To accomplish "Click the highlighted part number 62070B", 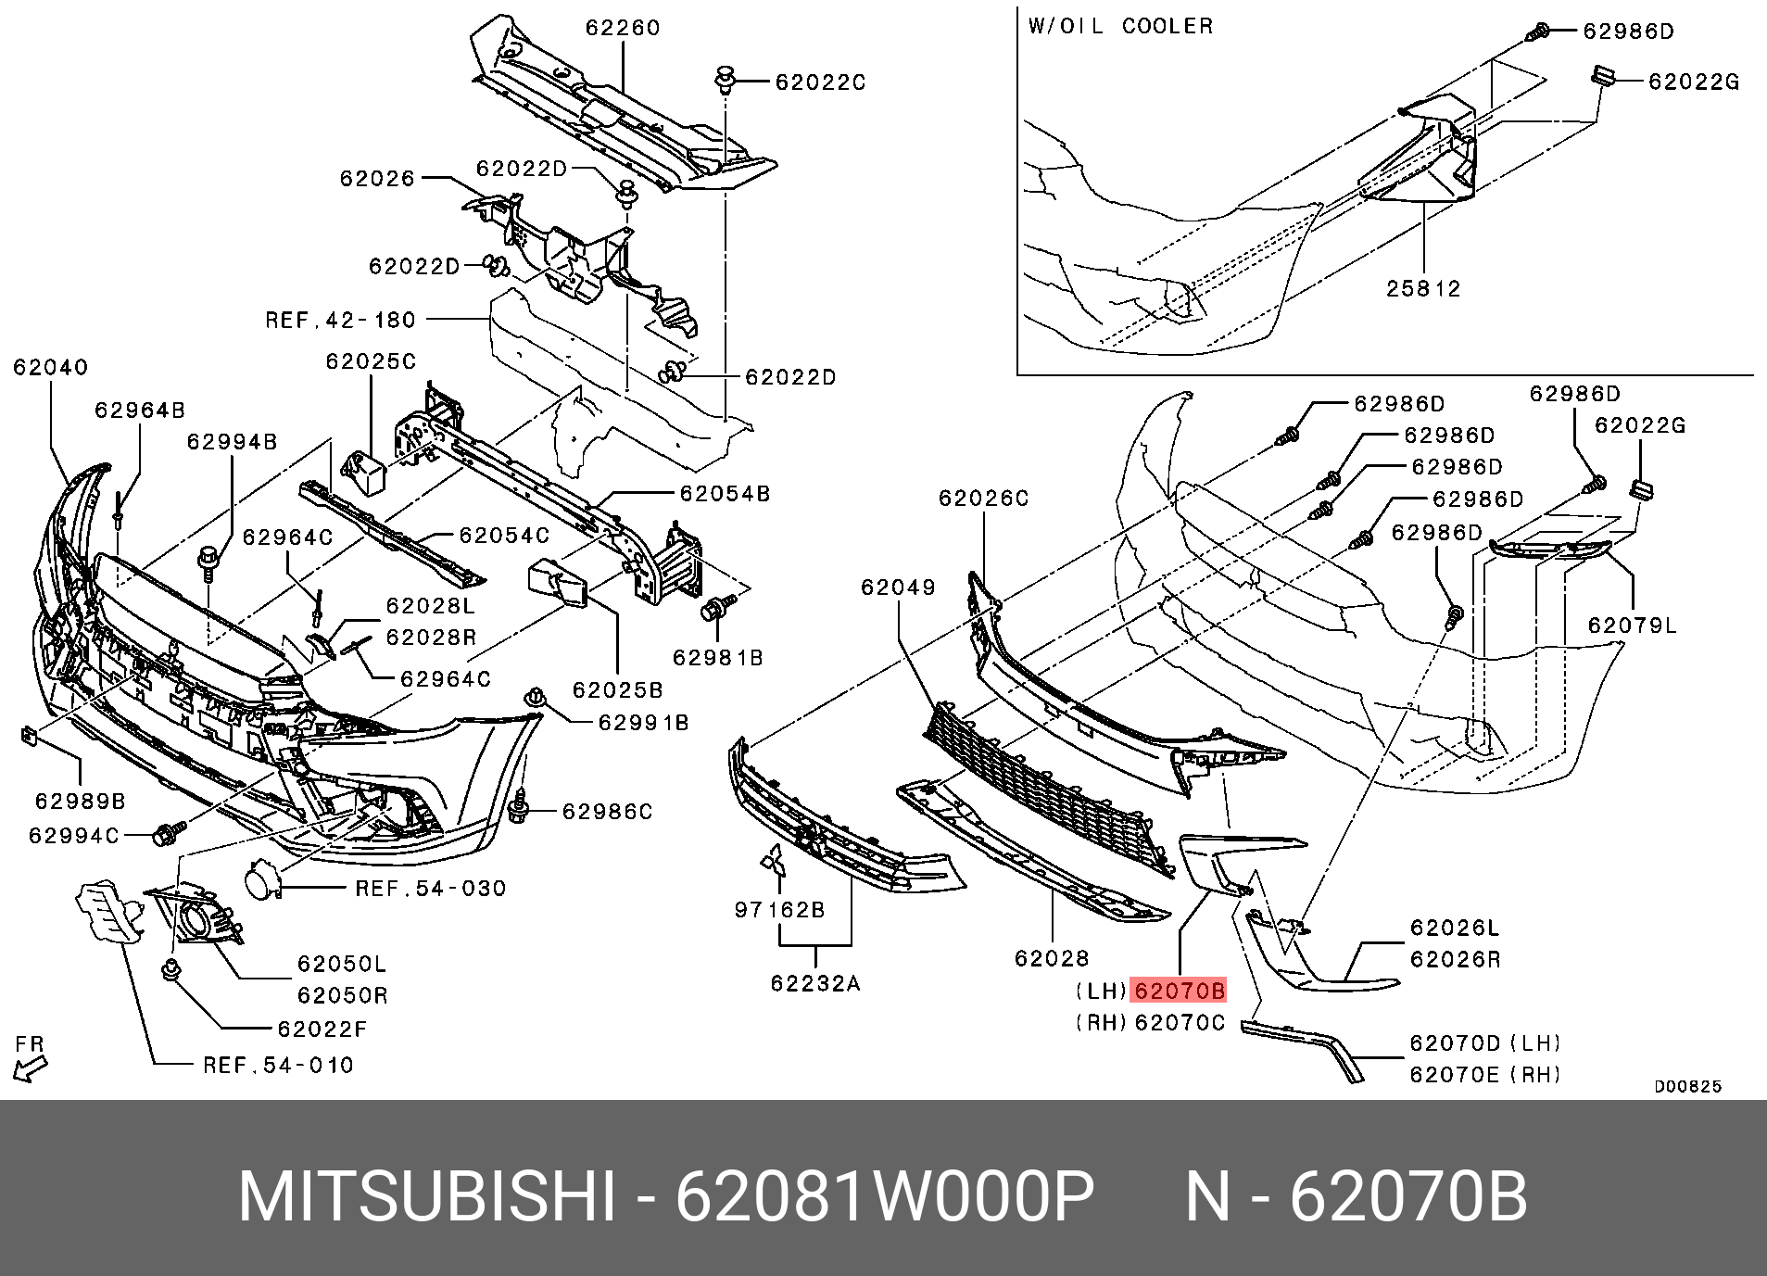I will pos(1180,991).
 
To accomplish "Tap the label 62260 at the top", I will pos(623,28).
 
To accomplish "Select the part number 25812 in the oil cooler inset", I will pos(1423,288).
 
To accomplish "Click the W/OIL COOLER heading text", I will pos(1120,26).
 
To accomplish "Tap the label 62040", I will pos(51,368).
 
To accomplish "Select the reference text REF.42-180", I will pos(341,321).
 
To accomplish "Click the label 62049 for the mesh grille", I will pos(898,587).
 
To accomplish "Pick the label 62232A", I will pos(815,982).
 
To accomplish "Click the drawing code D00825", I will pos(1688,1086).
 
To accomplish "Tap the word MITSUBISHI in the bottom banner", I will pos(426,1198).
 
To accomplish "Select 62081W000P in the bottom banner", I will pos(885,1198).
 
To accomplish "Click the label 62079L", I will pos(1633,625).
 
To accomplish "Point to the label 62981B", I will pos(718,657).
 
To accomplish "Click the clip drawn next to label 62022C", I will pos(725,80).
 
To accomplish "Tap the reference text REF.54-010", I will pos(278,1066).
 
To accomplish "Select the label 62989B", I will pos(81,801).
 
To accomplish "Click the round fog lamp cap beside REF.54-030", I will pos(262,878).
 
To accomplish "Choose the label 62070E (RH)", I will pos(1485,1074).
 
